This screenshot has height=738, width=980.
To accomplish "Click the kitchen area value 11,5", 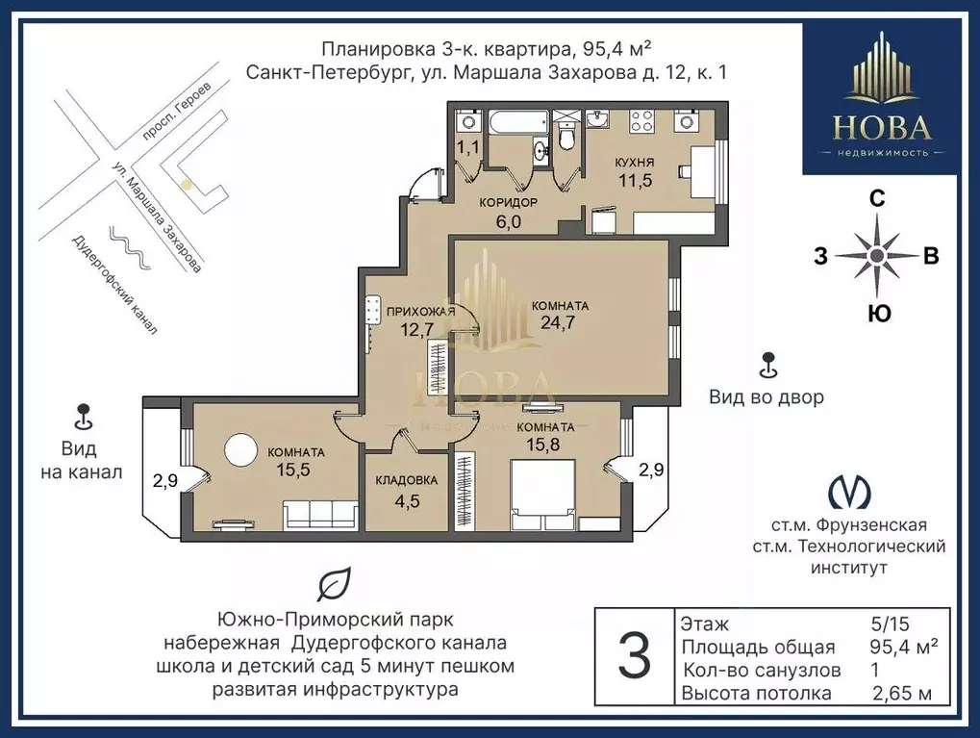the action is pyautogui.click(x=635, y=181).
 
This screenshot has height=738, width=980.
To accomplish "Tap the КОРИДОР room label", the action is pyautogui.click(x=508, y=203).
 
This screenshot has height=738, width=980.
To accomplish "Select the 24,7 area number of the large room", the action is pyautogui.click(x=558, y=322).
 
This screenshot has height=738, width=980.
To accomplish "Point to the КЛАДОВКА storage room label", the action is pyautogui.click(x=406, y=480).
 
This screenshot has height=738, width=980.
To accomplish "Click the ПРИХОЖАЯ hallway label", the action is pyautogui.click(x=420, y=312).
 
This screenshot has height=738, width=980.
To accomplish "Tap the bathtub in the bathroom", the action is pyautogui.click(x=516, y=122).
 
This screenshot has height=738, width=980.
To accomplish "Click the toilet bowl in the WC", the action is pyautogui.click(x=567, y=139).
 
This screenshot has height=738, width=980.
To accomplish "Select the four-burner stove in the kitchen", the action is pyautogui.click(x=642, y=120).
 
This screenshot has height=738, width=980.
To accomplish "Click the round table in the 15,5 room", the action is pyautogui.click(x=240, y=449).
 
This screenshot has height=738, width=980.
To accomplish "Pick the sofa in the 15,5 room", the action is pyautogui.click(x=320, y=515).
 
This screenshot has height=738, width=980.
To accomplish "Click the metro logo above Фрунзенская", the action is pyautogui.click(x=849, y=492).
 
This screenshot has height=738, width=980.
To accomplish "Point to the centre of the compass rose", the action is pyautogui.click(x=877, y=255).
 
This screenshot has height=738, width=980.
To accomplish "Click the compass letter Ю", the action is pyautogui.click(x=879, y=314).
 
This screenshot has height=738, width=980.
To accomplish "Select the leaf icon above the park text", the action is pyautogui.click(x=334, y=585).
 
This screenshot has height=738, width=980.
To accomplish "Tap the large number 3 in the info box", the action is pyautogui.click(x=634, y=656).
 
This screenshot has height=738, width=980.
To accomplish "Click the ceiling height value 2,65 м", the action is pyautogui.click(x=902, y=693).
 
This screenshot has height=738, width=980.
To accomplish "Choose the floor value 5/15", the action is pyautogui.click(x=890, y=623).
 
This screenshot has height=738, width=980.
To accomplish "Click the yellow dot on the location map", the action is pyautogui.click(x=185, y=185).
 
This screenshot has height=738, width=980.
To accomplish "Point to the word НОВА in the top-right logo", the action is pyautogui.click(x=882, y=127).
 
